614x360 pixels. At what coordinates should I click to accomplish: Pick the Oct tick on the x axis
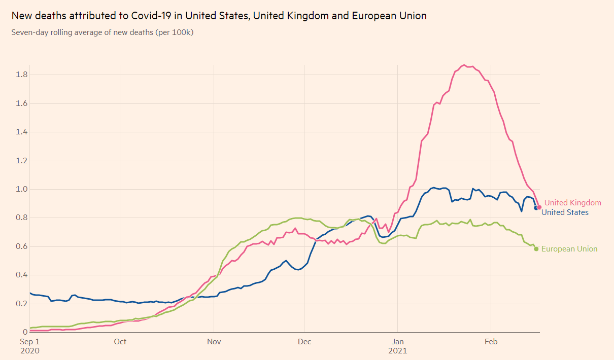(x=120, y=342)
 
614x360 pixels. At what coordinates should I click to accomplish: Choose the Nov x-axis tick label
(x=214, y=342)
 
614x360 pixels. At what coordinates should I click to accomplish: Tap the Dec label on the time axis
(x=304, y=342)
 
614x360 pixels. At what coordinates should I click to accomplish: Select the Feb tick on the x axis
(x=491, y=342)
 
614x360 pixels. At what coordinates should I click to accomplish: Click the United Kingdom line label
(x=572, y=203)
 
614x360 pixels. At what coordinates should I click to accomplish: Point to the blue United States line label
(x=565, y=212)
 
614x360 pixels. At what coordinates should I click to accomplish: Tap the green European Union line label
(x=569, y=249)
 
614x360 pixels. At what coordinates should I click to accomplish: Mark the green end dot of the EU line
(x=536, y=248)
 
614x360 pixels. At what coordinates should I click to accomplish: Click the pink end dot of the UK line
(x=539, y=207)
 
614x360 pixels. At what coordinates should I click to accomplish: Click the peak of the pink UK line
(x=464, y=65)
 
